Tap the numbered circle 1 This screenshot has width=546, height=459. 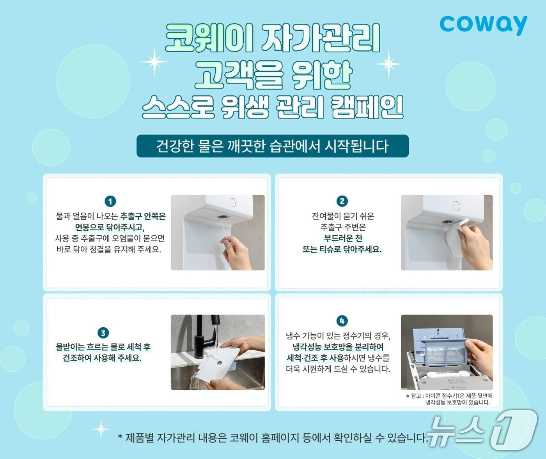pos(110,201)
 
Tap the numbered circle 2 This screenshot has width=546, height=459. pos(342,201)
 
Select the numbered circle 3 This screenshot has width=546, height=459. pos(103,333)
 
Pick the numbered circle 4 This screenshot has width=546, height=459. pos(342,321)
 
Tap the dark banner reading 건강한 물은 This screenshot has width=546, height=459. pos(272,146)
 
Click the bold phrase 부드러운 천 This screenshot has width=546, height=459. pos(343,238)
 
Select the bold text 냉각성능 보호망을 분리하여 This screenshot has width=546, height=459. pos(338,347)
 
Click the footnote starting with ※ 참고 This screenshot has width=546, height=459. pos(449,399)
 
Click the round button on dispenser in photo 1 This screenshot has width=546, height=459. pos(232,202)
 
